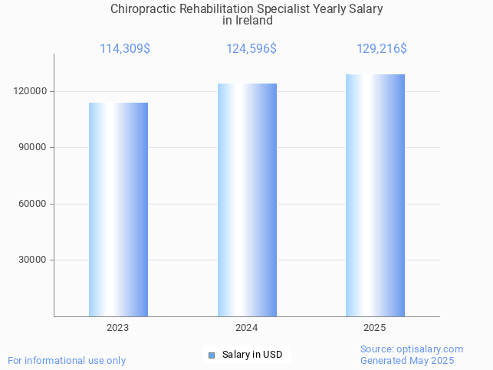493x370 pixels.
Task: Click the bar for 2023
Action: (x=118, y=209)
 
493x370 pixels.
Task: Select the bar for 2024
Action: (x=247, y=199)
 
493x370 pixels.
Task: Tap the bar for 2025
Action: (x=375, y=195)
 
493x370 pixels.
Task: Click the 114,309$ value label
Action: (x=125, y=49)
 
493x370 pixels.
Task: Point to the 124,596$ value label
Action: (x=251, y=49)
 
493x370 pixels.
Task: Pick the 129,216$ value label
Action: (x=382, y=49)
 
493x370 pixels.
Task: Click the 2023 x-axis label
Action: (x=118, y=328)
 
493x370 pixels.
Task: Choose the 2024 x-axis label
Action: (x=246, y=328)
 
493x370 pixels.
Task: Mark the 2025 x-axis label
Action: (x=375, y=328)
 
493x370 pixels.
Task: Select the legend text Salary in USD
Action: (x=252, y=355)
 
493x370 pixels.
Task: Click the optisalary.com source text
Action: (x=412, y=349)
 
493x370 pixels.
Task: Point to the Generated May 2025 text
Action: (x=407, y=361)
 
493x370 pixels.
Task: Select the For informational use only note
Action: (x=67, y=360)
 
